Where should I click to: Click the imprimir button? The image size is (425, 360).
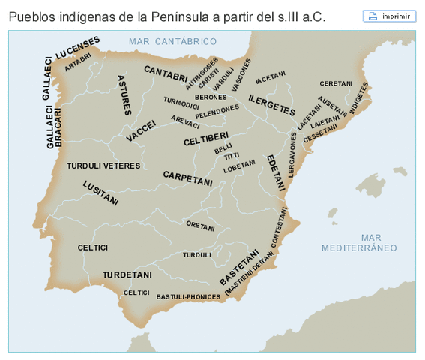(389, 16)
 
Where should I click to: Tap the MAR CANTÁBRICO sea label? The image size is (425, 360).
(172, 42)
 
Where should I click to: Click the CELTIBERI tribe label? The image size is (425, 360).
(205, 139)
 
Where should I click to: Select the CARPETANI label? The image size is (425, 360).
(188, 178)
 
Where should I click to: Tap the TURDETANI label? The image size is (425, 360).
(127, 274)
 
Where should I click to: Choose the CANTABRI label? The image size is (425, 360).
(166, 73)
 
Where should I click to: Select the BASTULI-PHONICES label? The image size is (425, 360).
(188, 297)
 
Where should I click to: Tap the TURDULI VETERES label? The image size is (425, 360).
(103, 166)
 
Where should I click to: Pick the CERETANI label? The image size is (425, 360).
(337, 83)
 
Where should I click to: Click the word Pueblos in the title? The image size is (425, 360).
(33, 16)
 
